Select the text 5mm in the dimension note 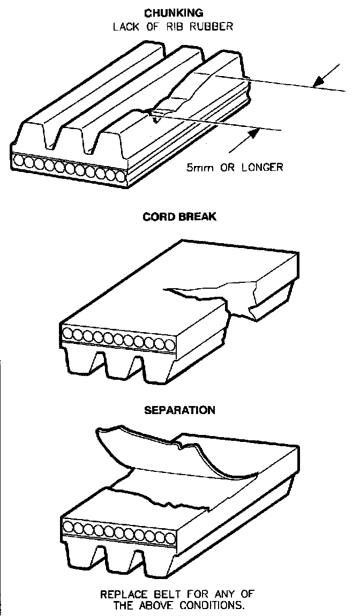(x=198, y=167)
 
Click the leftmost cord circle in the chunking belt (x=20, y=160)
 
